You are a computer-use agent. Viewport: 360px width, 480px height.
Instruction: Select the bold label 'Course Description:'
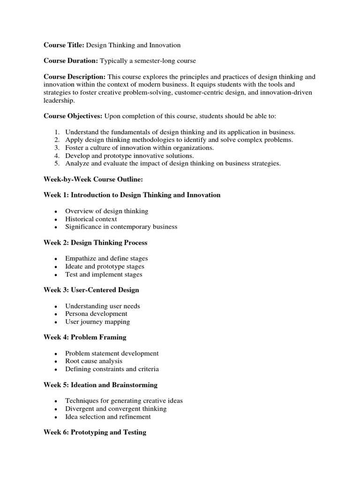point(75,76)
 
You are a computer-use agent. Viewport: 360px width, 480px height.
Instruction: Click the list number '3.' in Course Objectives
point(57,148)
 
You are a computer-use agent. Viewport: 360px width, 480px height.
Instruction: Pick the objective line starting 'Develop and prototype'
point(129,156)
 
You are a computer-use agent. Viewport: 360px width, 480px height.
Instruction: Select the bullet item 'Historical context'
point(91,219)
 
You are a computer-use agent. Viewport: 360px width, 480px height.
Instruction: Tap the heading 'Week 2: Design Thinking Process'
point(95,243)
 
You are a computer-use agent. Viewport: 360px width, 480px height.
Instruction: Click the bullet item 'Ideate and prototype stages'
point(105,267)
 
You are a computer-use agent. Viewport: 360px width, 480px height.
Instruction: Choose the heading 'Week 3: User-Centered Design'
point(91,290)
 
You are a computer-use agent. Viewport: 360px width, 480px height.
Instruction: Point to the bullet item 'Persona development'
point(96,314)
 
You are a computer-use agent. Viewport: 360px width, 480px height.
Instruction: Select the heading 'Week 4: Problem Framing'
point(85,337)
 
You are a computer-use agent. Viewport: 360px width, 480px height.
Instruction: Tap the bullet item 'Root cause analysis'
point(94,361)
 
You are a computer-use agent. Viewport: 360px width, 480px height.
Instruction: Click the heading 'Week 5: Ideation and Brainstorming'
point(100,385)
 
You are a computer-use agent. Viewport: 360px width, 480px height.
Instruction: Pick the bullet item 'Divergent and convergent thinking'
point(116,409)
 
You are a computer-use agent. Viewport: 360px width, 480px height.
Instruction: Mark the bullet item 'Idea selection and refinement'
point(108,417)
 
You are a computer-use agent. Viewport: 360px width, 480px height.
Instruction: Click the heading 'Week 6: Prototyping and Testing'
point(95,432)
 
